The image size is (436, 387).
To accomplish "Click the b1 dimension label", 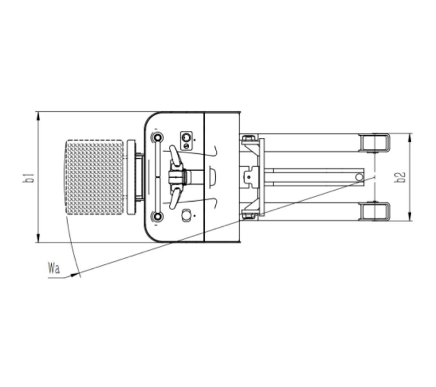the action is [x=29, y=177].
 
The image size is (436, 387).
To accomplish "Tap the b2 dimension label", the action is [x=401, y=177].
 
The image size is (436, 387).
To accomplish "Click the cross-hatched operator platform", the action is [x=94, y=177].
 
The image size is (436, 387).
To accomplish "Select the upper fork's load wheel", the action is [x=374, y=143].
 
